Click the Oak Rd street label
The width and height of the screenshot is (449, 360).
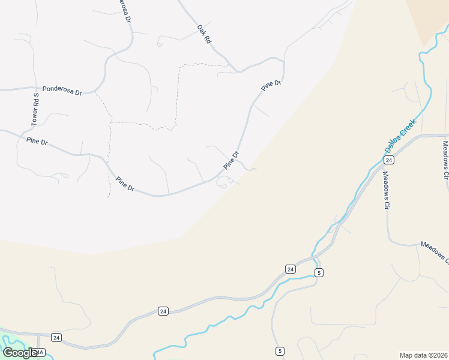click(204, 33)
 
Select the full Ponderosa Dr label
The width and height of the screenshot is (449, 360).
click(62, 91)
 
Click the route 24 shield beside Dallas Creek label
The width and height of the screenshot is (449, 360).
click(389, 160)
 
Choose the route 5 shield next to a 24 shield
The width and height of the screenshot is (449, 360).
click(319, 272)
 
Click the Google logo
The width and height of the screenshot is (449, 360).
click(20, 353)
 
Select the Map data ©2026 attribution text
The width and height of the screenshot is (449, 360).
click(423, 355)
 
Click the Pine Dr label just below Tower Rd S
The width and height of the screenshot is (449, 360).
click(37, 142)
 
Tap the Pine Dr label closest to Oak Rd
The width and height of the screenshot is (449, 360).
click(271, 85)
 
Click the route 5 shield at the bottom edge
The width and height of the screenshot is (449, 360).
click(280, 350)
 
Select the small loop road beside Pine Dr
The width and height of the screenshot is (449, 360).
click(223, 181)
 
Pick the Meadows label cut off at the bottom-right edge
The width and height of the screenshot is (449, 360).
click(435, 252)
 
